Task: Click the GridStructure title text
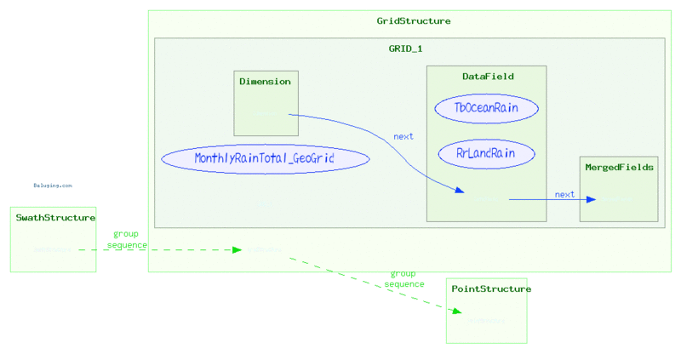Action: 414,20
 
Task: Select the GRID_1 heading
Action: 405,49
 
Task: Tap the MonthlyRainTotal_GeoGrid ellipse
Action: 265,158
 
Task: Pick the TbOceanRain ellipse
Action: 486,108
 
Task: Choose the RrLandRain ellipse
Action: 486,154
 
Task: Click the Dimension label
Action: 265,82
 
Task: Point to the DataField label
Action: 488,77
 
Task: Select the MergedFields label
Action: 619,168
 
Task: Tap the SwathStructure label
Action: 55,218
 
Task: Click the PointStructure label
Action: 490,289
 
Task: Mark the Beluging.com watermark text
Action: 53,185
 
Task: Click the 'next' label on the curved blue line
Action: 403,136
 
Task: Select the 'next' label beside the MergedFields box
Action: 564,194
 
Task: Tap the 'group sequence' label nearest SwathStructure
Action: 126,239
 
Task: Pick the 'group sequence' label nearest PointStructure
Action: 403,279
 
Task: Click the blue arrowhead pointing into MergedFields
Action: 589,200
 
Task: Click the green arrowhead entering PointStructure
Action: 456,312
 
